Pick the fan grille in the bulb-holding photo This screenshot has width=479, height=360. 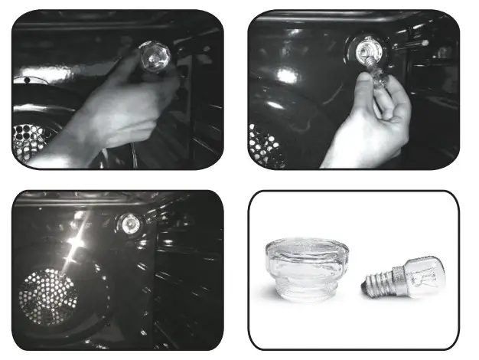[x=264, y=146]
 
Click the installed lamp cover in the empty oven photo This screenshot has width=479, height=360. [x=132, y=224]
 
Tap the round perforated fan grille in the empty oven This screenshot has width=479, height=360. [x=47, y=296]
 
